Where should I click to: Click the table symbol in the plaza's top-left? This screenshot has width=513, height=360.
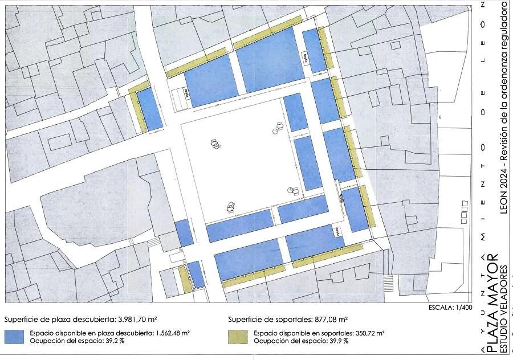(x=215, y=144)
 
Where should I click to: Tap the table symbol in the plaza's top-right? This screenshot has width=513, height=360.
(x=279, y=127)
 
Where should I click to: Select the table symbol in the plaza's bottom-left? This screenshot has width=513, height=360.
(x=231, y=206)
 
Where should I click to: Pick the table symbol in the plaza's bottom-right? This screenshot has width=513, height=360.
(x=294, y=190)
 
